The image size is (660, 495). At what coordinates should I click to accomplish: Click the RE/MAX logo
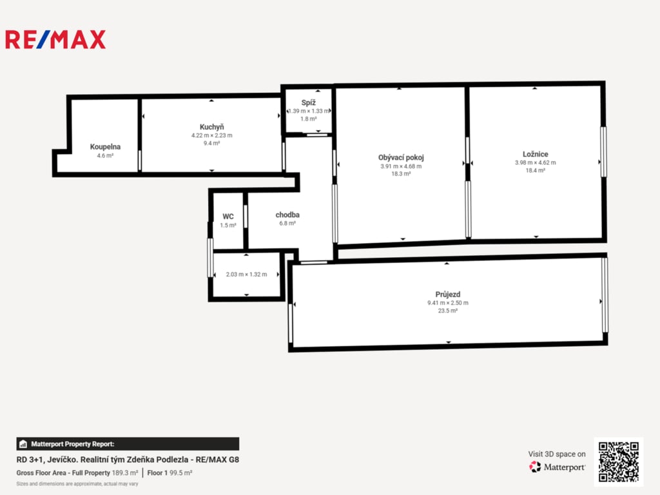pos(55,39)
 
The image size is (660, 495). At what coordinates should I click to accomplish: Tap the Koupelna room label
pos(105,147)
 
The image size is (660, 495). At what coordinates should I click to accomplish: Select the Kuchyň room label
pos(211,127)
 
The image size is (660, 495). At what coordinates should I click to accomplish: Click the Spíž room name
pos(309,102)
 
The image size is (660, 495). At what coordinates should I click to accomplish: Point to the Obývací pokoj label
pos(401,157)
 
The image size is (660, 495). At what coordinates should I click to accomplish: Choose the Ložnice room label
pos(536,154)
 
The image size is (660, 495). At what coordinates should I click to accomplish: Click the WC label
pos(228,217)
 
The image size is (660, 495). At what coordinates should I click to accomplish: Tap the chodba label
pos(287,215)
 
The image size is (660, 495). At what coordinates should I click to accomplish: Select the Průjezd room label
pos(448,294)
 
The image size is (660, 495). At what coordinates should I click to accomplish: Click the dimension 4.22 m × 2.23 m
pos(211,135)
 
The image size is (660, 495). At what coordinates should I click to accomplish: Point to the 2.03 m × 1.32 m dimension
pos(246,275)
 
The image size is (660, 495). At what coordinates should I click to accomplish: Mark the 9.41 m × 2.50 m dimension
pos(448,303)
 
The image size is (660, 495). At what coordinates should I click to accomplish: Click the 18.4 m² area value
pos(536,170)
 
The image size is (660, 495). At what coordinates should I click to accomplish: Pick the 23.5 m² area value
pos(448,311)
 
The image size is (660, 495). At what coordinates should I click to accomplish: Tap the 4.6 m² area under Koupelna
pos(105,156)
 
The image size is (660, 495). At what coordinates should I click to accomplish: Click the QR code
pos(619,461)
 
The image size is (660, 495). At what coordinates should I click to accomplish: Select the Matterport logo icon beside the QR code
pos(535,467)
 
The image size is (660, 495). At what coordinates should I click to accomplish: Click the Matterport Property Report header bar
pos(128,444)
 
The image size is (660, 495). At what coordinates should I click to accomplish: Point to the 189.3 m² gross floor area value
pos(125,473)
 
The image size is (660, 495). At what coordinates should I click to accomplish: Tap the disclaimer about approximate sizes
pos(77,484)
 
